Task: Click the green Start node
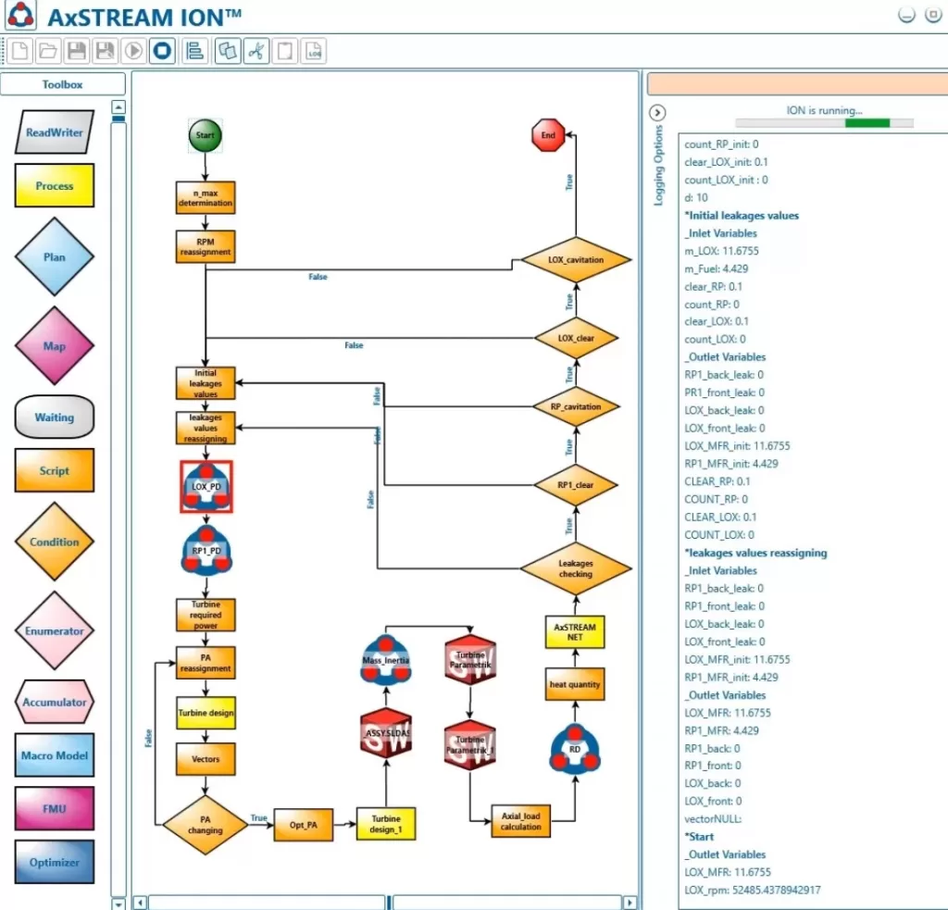tap(206, 135)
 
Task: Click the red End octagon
tap(548, 135)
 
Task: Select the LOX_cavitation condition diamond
tap(575, 260)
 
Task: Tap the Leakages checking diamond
tap(575, 568)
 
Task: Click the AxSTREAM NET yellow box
tap(574, 632)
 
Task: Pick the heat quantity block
tap(574, 685)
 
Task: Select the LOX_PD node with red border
tap(206, 486)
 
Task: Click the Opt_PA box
tap(303, 824)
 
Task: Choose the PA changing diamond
tap(205, 824)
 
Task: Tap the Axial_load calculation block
tap(520, 821)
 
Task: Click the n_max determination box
tap(206, 196)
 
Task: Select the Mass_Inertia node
tap(385, 660)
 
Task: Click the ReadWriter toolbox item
tap(54, 133)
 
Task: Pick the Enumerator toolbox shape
tap(54, 631)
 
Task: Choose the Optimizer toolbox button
tap(54, 862)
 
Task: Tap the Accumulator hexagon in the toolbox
tap(54, 702)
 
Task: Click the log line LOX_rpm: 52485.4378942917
tap(752, 890)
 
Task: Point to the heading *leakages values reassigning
tap(755, 553)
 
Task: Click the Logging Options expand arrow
tap(658, 113)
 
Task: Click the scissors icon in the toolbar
tap(256, 51)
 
